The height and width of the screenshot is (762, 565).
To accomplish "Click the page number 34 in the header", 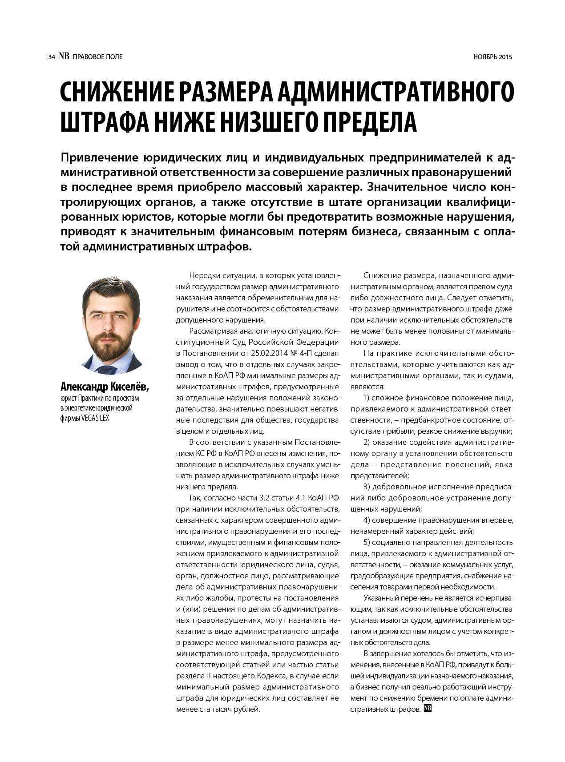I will click(52, 57).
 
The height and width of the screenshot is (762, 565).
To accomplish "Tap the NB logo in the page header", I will click(64, 56).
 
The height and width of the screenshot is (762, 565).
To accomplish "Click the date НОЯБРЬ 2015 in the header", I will click(492, 57).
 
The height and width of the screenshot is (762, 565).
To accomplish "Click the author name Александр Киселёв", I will click(104, 387).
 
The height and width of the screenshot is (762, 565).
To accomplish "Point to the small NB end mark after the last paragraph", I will click(428, 708).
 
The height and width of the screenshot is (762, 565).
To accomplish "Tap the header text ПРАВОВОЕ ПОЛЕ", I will click(97, 57).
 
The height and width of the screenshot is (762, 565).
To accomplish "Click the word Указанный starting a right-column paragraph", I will click(380, 598).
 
